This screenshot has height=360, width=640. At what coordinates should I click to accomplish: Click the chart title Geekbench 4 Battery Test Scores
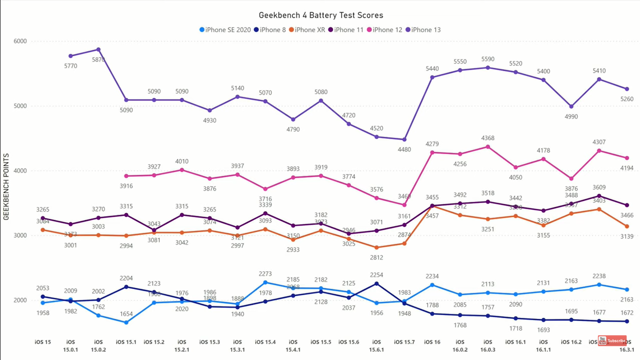[320, 16]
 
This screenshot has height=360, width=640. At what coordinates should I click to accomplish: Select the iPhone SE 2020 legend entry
[225, 30]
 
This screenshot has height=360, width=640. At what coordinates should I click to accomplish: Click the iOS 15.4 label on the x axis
[265, 342]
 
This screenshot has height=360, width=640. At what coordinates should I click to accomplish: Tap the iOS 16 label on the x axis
[432, 342]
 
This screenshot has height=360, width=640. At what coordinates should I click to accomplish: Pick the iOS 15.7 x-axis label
[404, 342]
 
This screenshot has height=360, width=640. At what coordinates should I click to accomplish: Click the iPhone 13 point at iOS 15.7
[404, 139]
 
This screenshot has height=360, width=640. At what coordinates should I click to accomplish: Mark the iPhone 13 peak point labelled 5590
[488, 67]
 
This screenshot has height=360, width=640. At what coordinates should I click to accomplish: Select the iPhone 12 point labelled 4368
[488, 147]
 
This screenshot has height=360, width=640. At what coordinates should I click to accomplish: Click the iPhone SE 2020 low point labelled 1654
[127, 322]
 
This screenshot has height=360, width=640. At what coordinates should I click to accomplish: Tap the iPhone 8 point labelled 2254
[376, 284]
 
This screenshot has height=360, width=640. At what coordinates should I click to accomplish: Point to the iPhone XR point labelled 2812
[376, 247]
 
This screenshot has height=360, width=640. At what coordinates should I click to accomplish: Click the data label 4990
[571, 116]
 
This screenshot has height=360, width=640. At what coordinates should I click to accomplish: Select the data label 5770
[71, 66]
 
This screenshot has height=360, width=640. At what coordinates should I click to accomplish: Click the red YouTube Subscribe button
[612, 341]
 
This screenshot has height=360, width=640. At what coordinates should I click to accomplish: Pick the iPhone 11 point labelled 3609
[599, 196]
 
